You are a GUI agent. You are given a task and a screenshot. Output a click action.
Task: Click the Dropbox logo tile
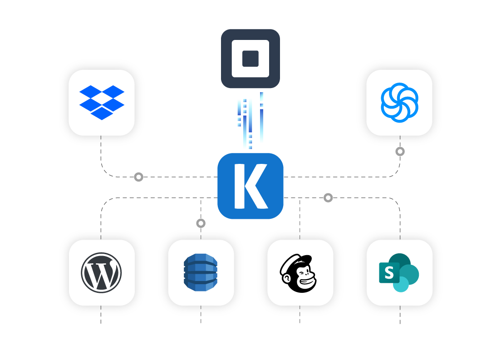(102, 103)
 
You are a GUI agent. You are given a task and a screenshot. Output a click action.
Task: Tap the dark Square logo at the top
(250, 59)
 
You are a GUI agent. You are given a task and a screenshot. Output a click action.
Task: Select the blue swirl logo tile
(399, 103)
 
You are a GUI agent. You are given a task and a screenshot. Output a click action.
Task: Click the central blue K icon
(250, 186)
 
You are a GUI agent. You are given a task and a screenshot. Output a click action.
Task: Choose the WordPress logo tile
(102, 272)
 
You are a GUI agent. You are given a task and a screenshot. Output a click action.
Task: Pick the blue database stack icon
(201, 272)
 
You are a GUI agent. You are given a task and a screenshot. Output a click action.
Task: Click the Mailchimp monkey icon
(300, 272)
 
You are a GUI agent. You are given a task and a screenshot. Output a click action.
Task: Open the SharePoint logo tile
(399, 272)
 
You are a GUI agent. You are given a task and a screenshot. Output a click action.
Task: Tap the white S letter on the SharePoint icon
(389, 273)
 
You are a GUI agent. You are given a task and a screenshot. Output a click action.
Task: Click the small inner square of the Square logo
(250, 59)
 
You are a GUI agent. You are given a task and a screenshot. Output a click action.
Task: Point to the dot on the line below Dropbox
(139, 177)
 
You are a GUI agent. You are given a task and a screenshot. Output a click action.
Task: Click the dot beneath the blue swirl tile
(400, 152)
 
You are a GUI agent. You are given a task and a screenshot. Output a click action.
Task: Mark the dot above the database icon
(201, 223)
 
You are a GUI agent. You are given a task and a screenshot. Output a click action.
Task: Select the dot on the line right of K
(328, 198)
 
